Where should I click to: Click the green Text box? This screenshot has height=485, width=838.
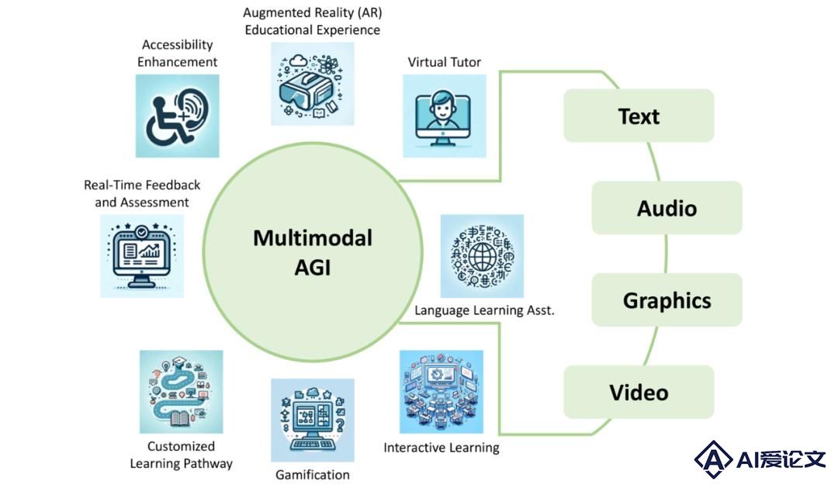coord(639,116)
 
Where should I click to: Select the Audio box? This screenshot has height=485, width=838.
coord(667,207)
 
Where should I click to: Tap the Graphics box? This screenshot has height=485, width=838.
coord(667,300)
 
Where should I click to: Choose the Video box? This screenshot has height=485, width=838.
coord(639,392)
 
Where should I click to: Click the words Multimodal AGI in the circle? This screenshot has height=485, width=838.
coord(313,252)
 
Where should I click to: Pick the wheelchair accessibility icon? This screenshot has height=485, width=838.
coord(178,116)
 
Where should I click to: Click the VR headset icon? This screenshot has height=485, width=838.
coord(313,84)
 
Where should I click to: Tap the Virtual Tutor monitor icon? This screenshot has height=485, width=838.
coord(444,116)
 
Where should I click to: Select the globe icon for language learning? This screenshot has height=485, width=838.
coord(482,255)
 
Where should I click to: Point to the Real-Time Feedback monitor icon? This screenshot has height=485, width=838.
coord(142,255)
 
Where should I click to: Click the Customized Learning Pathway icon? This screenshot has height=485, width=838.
coord(181,391)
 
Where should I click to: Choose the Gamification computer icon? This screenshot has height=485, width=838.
coord(313,421)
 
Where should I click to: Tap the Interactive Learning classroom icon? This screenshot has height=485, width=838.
coord(442,391)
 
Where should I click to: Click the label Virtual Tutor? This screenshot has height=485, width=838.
coord(444,62)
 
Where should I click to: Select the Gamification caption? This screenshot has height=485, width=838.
coord(313,474)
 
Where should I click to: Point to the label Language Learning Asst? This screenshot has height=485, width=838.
coord(484,310)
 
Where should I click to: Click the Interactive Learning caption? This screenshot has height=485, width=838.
coord(442,448)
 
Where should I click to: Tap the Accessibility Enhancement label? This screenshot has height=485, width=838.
coord(178,53)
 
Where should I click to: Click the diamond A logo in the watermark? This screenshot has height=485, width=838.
coord(713,459)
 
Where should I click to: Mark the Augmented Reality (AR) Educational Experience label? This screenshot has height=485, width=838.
coord(313,21)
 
